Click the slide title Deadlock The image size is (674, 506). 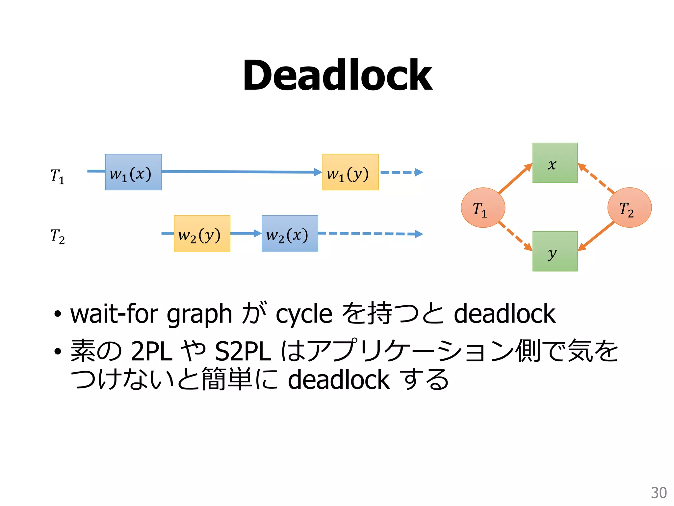tap(337, 75)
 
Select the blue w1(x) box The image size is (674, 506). tap(133, 172)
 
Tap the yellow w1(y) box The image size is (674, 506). tap(350, 172)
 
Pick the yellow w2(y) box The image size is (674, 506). tap(202, 233)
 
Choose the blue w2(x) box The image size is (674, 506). tap(290, 233)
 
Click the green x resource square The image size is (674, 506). tap(555, 163)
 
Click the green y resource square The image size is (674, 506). tap(555, 251)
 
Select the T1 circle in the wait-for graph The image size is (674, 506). tap(483, 208)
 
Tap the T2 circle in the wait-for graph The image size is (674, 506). tap(629, 208)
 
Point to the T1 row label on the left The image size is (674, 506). tap(57, 176)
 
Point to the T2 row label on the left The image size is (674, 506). tap(57, 237)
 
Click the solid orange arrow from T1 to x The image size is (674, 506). tap(515, 178)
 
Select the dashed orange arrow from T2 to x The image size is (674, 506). tap(596, 178)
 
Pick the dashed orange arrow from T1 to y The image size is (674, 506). tap(515, 236)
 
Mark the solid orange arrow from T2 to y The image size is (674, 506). tap(596, 236)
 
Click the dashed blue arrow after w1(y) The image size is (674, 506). tap(402, 172)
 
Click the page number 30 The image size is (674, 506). tap(659, 493)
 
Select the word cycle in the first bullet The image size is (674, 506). tap(304, 314)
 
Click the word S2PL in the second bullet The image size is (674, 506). tap(243, 351)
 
